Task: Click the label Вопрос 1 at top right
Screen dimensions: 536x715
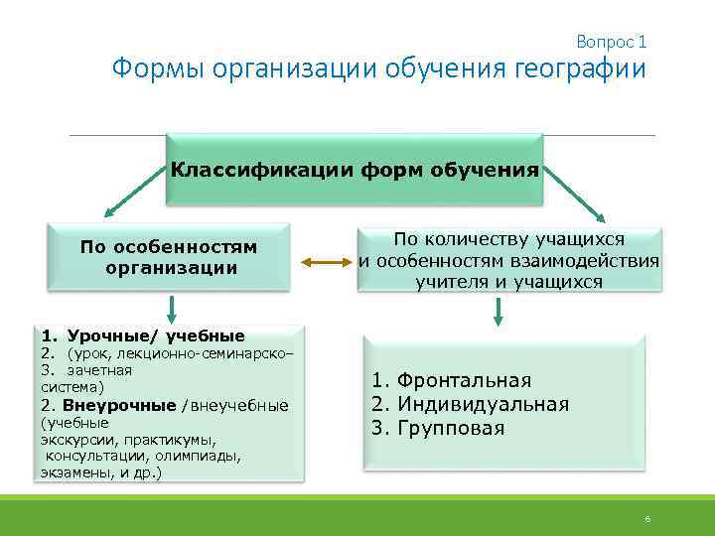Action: pos(611,42)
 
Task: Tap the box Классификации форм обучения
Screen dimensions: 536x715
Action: pos(355,169)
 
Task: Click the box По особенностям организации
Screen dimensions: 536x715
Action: pos(170,257)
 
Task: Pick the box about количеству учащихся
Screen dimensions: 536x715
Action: pos(508,260)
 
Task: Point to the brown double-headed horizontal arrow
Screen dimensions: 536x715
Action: pos(323,262)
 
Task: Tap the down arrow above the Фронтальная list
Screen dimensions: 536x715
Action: pos(499,311)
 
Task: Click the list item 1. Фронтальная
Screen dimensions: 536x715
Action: pos(452,380)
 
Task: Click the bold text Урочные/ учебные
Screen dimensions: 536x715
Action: pos(155,335)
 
